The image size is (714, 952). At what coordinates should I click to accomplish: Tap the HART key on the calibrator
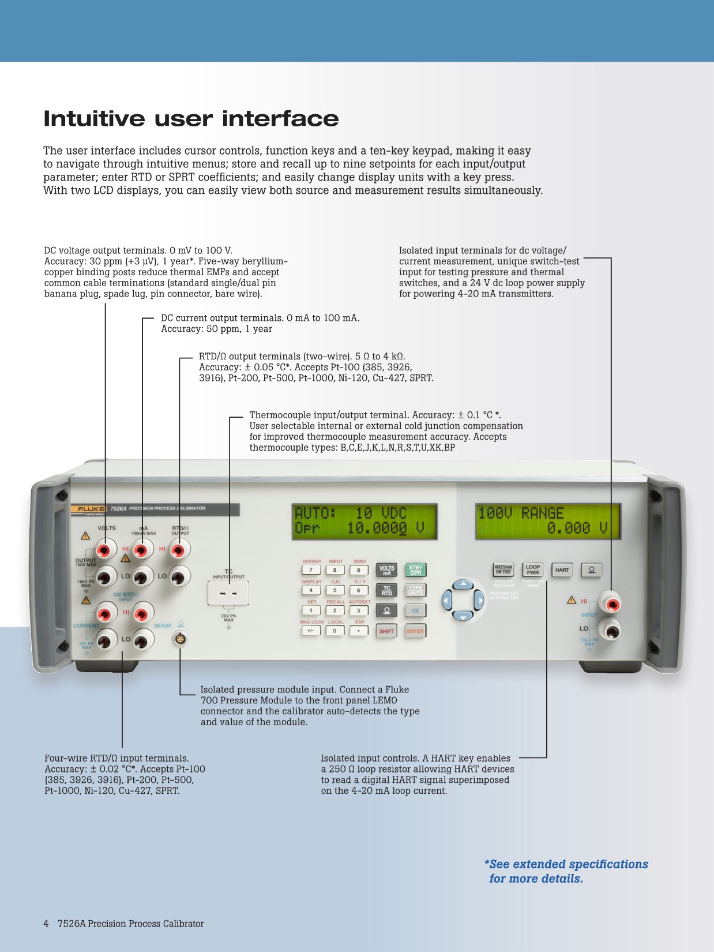pyautogui.click(x=562, y=570)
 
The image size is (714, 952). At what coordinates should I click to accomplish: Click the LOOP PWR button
pyautogui.click(x=532, y=570)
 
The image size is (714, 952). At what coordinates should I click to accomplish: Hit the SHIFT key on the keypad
pyautogui.click(x=386, y=631)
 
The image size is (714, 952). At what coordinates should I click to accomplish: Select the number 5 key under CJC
pyautogui.click(x=335, y=590)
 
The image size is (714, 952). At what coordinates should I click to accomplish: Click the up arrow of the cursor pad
pyautogui.click(x=463, y=585)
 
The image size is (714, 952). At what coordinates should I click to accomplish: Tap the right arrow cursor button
pyautogui.click(x=479, y=601)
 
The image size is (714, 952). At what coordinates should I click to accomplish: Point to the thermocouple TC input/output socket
pyautogui.click(x=228, y=594)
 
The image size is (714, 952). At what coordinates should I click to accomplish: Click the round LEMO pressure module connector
pyautogui.click(x=181, y=639)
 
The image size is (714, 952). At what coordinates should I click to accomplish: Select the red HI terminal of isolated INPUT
pyautogui.click(x=611, y=605)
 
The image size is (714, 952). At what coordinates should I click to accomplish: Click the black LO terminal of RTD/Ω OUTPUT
pyautogui.click(x=179, y=576)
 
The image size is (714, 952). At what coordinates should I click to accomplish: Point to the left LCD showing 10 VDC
pyautogui.click(x=364, y=521)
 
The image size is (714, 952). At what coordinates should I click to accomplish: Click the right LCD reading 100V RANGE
pyautogui.click(x=548, y=521)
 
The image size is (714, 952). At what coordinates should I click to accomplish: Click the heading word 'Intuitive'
pyautogui.click(x=95, y=119)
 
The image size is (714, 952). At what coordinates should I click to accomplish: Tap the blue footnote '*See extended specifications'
pyautogui.click(x=566, y=864)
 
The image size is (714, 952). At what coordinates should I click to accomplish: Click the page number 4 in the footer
pyautogui.click(x=46, y=924)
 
